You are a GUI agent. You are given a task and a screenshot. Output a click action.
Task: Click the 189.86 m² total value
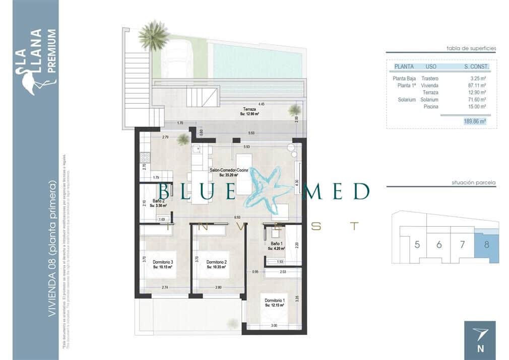tap(475, 121)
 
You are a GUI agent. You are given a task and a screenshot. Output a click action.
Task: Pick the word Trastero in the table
tap(429, 79)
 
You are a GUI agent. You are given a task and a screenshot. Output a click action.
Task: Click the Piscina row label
tap(430, 107)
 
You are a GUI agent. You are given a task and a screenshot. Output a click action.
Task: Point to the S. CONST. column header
tap(476, 66)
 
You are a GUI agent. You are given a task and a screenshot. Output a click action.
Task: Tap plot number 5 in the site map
tap(417, 245)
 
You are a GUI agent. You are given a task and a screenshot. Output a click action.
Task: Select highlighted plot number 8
tap(486, 245)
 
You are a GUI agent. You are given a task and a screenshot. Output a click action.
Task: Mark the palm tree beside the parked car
tap(153, 35)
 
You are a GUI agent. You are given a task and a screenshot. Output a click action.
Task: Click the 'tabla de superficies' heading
tap(471, 48)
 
